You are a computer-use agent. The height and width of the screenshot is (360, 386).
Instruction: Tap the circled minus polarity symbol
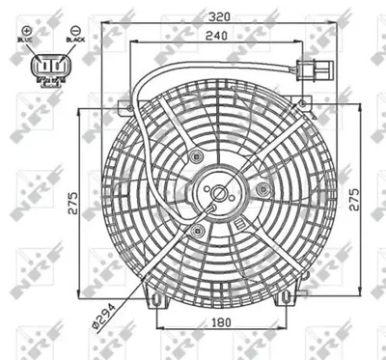[71, 31]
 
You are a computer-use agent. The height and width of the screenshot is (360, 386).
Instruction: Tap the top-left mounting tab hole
[123, 103]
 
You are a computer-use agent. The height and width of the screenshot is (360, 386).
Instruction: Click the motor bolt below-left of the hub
[198, 230]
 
